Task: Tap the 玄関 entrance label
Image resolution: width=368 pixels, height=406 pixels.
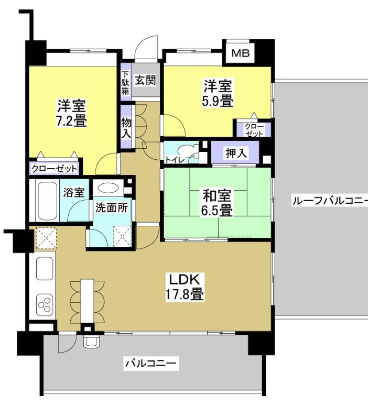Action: click(145, 80)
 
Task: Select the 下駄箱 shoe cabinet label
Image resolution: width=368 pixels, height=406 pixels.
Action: click(125, 82)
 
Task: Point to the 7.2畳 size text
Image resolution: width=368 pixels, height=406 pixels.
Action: click(72, 121)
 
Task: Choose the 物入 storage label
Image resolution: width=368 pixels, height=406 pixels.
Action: click(126, 128)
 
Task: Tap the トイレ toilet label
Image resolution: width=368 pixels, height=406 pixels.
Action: click(174, 158)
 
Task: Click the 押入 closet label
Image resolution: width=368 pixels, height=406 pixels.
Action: click(235, 153)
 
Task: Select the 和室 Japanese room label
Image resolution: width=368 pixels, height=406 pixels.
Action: click(217, 196)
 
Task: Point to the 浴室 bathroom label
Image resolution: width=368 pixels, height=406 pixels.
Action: click(74, 192)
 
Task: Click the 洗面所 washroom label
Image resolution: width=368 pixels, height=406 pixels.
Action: click(111, 207)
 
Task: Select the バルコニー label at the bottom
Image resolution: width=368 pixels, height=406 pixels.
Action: click(152, 363)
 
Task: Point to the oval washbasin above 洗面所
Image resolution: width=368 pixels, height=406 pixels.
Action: click(109, 189)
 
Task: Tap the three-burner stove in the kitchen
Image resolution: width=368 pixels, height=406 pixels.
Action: click(44, 304)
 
